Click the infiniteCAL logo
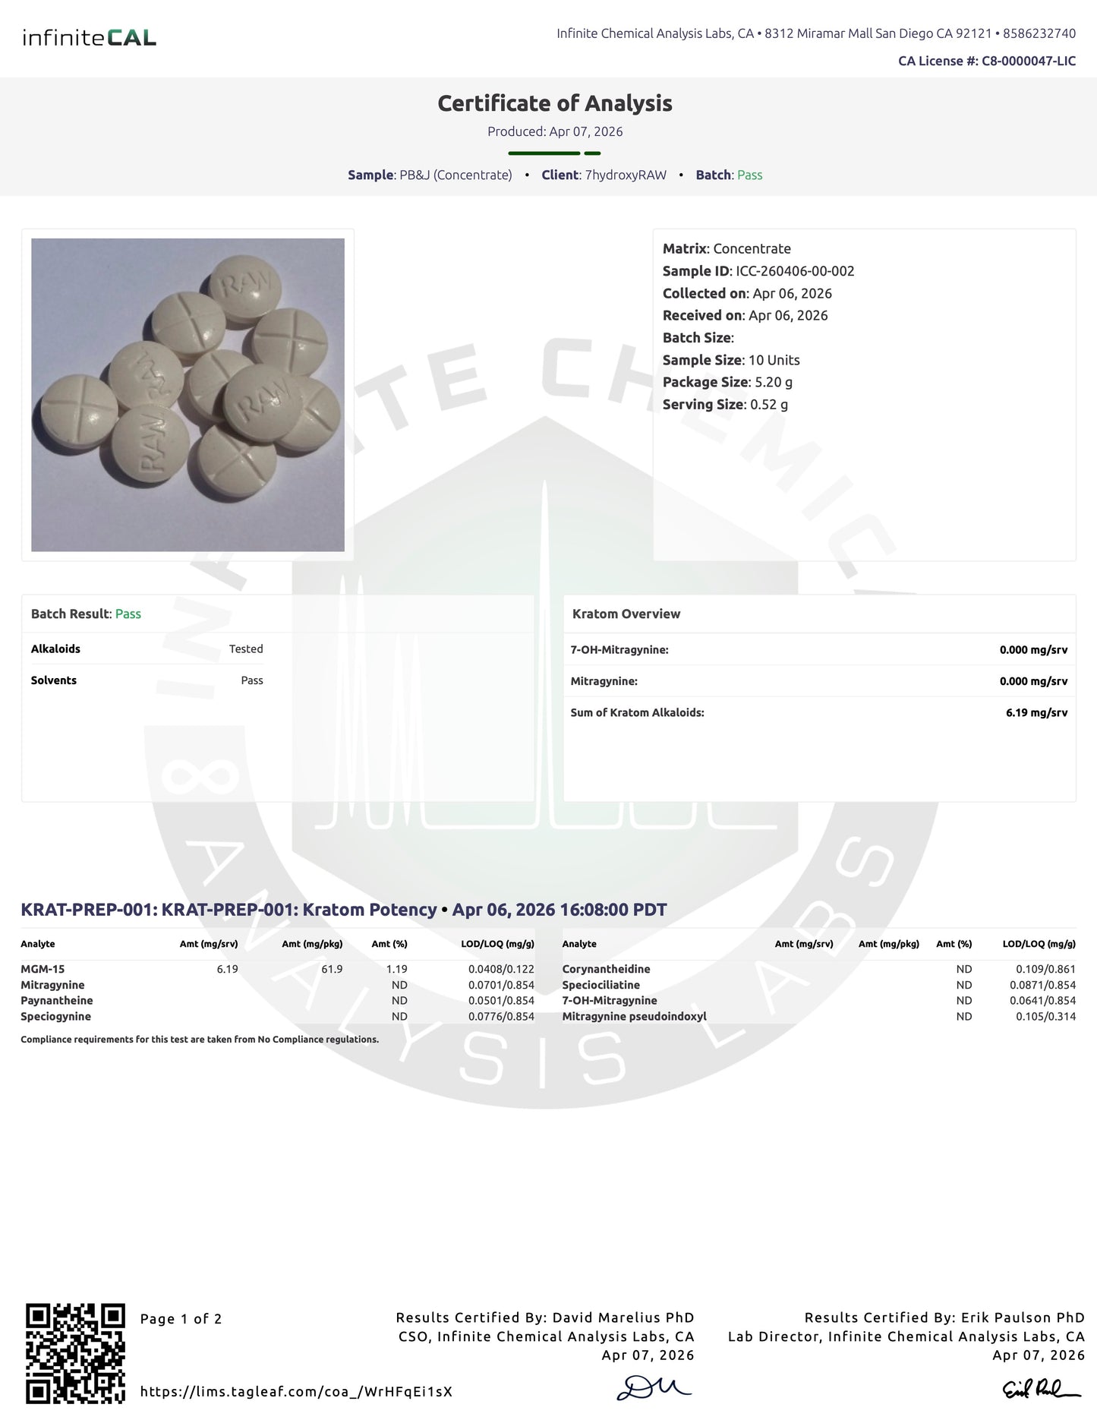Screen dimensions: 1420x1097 click(90, 37)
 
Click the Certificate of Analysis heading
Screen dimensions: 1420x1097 click(555, 103)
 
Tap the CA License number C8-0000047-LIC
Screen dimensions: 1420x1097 click(1028, 61)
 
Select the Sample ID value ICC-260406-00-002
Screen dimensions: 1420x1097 click(795, 271)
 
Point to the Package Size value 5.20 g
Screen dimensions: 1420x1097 click(774, 382)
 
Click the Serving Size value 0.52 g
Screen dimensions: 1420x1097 click(769, 404)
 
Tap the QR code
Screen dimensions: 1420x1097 click(75, 1353)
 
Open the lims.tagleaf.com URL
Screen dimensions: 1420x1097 click(296, 1391)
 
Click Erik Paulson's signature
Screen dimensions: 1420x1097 click(1041, 1389)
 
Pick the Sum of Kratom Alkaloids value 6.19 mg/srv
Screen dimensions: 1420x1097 click(1036, 712)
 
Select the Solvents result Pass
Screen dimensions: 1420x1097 click(252, 680)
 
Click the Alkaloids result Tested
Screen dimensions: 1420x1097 click(246, 648)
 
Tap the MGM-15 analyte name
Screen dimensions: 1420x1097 click(43, 969)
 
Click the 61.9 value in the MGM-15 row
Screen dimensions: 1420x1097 click(332, 969)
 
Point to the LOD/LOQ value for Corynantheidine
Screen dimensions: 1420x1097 click(1045, 969)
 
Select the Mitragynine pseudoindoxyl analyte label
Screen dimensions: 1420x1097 click(634, 1016)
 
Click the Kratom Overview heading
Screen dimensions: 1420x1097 click(626, 614)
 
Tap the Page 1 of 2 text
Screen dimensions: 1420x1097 click(181, 1319)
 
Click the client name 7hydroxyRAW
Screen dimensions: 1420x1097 click(626, 175)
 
